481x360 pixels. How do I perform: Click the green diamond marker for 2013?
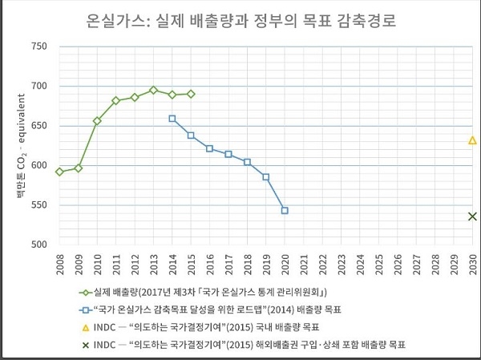[153, 91]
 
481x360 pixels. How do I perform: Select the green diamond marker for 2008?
[59, 172]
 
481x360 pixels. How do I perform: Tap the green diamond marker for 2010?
[97, 121]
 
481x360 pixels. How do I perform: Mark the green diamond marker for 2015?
[191, 94]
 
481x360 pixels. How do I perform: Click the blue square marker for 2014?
[172, 119]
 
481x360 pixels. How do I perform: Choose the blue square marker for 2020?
[285, 211]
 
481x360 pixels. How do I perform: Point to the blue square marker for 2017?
[228, 154]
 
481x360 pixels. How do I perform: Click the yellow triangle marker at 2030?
[473, 140]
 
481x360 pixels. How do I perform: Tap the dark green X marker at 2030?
[473, 216]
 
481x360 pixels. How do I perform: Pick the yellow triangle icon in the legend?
[84, 327]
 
